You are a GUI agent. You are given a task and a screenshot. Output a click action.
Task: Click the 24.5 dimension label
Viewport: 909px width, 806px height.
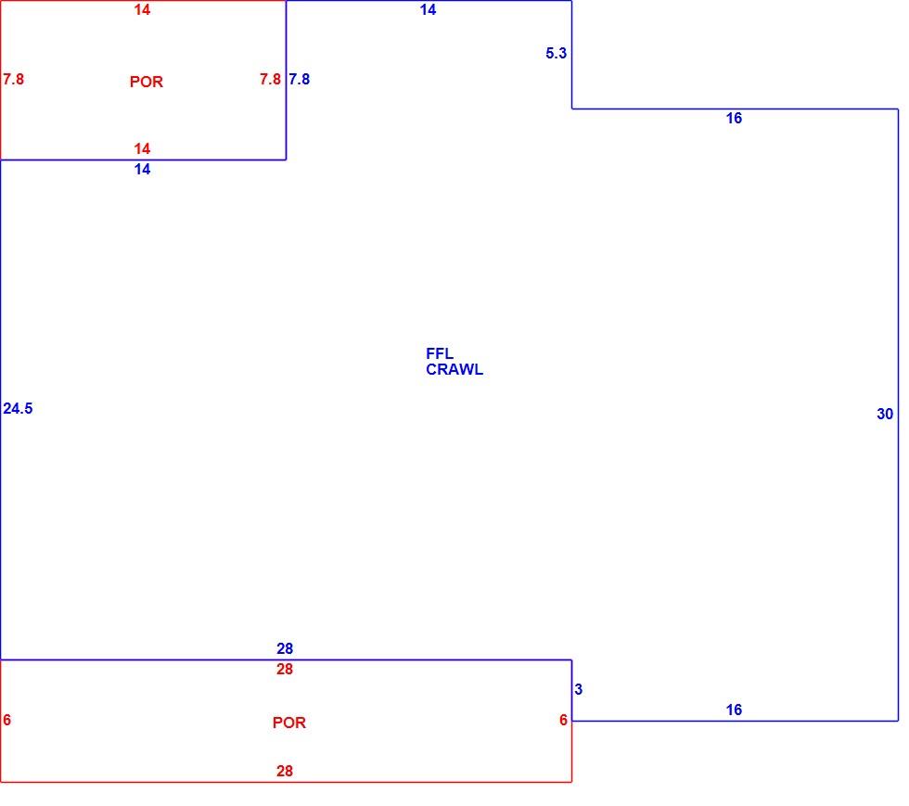coord(18,409)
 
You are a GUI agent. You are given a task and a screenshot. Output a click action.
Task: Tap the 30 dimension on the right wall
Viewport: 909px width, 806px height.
coord(885,414)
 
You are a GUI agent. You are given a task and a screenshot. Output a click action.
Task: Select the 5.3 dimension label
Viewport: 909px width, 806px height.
coord(556,54)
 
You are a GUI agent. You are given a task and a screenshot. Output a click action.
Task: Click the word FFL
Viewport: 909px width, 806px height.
coord(440,353)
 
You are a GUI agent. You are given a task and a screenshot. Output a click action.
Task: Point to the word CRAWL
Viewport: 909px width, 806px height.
coord(454,370)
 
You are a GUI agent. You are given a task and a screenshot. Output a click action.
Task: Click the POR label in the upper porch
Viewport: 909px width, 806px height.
coord(147,82)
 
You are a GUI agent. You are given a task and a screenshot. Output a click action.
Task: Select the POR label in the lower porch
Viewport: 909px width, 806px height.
coord(289,723)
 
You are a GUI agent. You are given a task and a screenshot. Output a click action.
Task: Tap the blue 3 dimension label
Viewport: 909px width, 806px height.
coord(578,689)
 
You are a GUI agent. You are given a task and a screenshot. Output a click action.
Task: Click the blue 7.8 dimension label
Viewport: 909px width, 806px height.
coord(299,80)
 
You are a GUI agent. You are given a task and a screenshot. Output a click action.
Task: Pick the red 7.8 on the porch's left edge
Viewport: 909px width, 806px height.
coord(13,80)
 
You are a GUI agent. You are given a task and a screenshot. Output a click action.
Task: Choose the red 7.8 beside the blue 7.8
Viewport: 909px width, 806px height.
coord(270,80)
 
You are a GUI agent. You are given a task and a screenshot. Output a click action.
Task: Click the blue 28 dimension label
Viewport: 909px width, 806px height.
coord(285,649)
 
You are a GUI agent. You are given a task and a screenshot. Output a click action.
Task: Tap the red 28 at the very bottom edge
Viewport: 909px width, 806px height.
coord(285,771)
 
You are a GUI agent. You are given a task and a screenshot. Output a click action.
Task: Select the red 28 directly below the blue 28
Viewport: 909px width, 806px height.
coord(285,670)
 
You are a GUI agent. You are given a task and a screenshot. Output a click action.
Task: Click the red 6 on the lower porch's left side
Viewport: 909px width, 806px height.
coord(7,720)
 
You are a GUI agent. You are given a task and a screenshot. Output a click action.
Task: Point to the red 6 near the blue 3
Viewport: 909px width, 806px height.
coord(564,720)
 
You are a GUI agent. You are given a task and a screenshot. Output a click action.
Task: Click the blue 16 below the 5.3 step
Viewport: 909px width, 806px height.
coord(734,119)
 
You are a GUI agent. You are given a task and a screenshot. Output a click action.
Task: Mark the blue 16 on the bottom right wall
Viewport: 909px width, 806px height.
coord(734,710)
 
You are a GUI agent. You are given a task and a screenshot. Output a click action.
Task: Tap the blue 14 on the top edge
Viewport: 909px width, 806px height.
coord(429,10)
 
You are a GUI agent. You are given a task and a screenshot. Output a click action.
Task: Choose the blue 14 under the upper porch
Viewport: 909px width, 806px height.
coord(143,170)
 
